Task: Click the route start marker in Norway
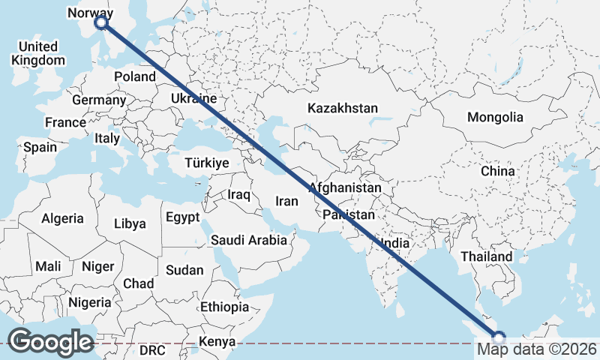[101, 23]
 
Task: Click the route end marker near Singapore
[499, 337]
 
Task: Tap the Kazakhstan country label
[342, 108]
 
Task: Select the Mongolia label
[494, 117]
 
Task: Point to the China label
[498, 171]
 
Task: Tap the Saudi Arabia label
[248, 241]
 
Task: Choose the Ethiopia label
[224, 307]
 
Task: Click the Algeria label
[62, 218]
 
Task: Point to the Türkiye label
[208, 163]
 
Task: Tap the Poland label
[134, 76]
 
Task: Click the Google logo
[50, 341]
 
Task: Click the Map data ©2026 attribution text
[536, 349]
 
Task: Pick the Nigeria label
[89, 302]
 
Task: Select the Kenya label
[217, 342]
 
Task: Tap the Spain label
[40, 147]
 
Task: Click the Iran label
[286, 201]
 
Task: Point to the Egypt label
[183, 218]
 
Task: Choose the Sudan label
[184, 270]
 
